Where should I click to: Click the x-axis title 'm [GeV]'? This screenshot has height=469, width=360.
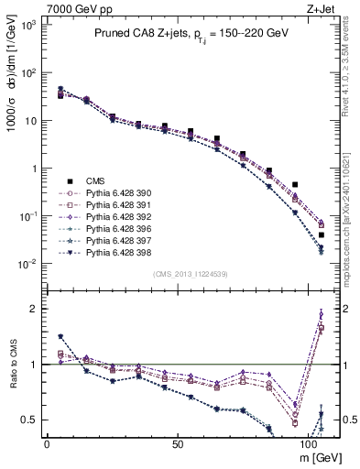[x=318, y=456]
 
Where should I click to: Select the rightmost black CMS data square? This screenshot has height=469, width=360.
[x=321, y=235]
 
